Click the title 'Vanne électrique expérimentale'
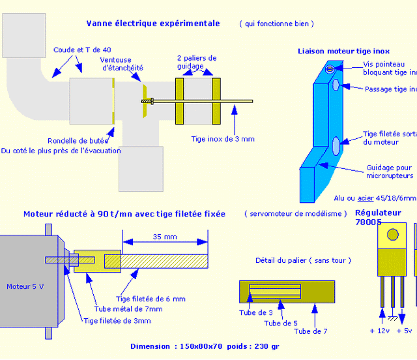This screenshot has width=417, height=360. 153,23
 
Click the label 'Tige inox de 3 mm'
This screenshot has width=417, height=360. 222,139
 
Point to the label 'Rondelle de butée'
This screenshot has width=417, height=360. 77,141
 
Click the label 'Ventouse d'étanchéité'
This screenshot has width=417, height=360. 122,64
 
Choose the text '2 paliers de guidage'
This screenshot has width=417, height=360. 197,62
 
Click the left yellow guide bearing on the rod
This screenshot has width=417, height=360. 181,100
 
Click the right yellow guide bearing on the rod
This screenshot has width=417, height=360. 216,100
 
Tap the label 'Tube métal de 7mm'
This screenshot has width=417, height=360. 129,309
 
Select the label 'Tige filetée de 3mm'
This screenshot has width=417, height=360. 117,321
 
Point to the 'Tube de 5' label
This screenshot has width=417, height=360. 281,323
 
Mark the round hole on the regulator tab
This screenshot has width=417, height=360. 393,235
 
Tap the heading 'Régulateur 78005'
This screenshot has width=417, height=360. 378,218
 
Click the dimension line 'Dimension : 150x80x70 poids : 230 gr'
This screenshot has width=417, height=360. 205,346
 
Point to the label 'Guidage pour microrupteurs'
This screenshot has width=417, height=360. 390,172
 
